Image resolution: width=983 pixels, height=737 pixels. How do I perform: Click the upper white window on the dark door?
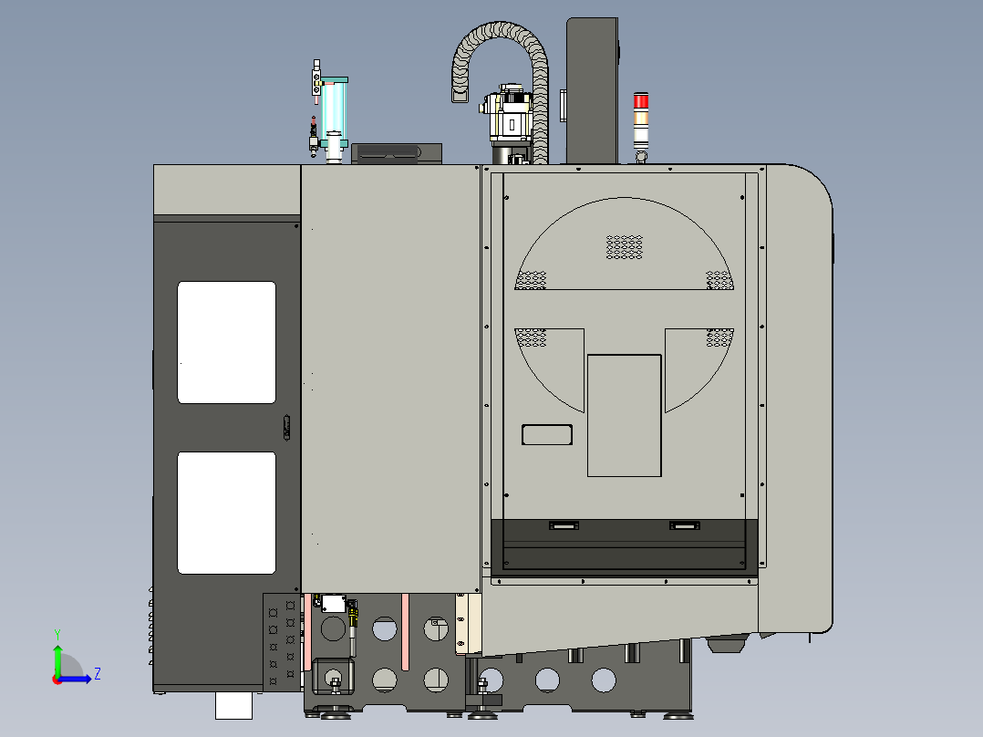(226, 342)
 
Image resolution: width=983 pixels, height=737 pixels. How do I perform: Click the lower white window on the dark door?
(226, 513)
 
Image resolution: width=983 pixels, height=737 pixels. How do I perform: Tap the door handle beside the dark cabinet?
(286, 427)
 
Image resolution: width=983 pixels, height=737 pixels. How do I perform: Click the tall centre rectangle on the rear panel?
(625, 415)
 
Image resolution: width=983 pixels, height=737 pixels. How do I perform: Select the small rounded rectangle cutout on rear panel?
(547, 434)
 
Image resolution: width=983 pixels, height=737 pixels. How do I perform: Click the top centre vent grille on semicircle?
(625, 246)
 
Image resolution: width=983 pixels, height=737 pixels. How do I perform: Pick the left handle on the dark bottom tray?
(563, 524)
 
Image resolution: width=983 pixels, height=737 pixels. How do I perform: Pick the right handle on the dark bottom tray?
(684, 524)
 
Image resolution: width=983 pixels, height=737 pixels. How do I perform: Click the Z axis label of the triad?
(97, 674)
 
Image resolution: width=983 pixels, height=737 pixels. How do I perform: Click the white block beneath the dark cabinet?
(233, 704)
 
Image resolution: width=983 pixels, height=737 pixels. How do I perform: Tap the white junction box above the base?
(332, 603)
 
